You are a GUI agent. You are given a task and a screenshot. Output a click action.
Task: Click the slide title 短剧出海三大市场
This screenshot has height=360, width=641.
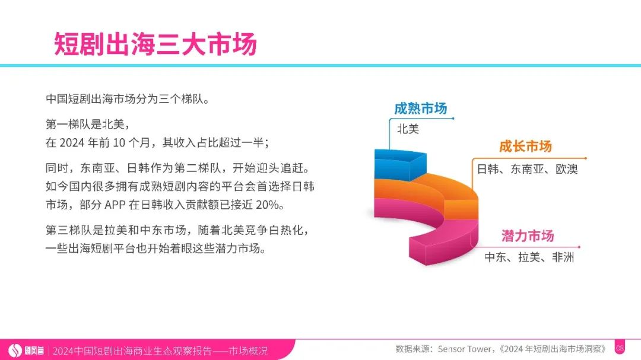click(x=156, y=43)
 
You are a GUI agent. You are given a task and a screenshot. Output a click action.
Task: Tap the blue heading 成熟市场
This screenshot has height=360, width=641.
click(x=421, y=109)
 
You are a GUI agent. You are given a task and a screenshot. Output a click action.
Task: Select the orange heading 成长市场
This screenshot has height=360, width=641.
click(x=526, y=146)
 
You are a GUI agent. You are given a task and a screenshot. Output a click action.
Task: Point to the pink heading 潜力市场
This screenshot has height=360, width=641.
click(x=528, y=236)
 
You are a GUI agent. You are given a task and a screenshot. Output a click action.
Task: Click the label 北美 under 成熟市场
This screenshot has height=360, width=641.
click(x=408, y=129)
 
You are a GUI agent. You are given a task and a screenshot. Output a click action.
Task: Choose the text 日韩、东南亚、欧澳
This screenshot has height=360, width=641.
click(x=528, y=169)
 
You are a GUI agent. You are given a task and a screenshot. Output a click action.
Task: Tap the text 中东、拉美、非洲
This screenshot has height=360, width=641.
click(x=529, y=257)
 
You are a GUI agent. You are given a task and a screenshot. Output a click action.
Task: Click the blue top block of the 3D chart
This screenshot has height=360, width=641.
click(x=400, y=164)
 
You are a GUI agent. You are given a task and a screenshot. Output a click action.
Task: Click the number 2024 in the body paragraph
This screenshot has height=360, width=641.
click(x=72, y=142)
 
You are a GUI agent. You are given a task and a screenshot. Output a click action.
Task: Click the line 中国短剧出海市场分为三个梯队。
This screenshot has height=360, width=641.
click(x=128, y=99)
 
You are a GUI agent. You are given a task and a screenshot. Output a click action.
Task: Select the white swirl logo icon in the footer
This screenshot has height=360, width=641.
click(x=15, y=350)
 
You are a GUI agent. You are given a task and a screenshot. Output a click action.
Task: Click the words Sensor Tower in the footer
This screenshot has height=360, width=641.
click(x=464, y=349)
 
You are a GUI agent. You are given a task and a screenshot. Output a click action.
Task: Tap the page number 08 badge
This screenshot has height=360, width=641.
click(x=620, y=349)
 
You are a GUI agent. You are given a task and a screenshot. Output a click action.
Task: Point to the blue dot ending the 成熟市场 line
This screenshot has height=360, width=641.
click(x=453, y=119)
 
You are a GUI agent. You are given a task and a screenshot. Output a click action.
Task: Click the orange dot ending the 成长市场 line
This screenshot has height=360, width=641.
click(x=585, y=158)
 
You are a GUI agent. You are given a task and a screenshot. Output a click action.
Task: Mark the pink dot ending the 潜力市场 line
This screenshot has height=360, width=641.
click(x=579, y=247)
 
